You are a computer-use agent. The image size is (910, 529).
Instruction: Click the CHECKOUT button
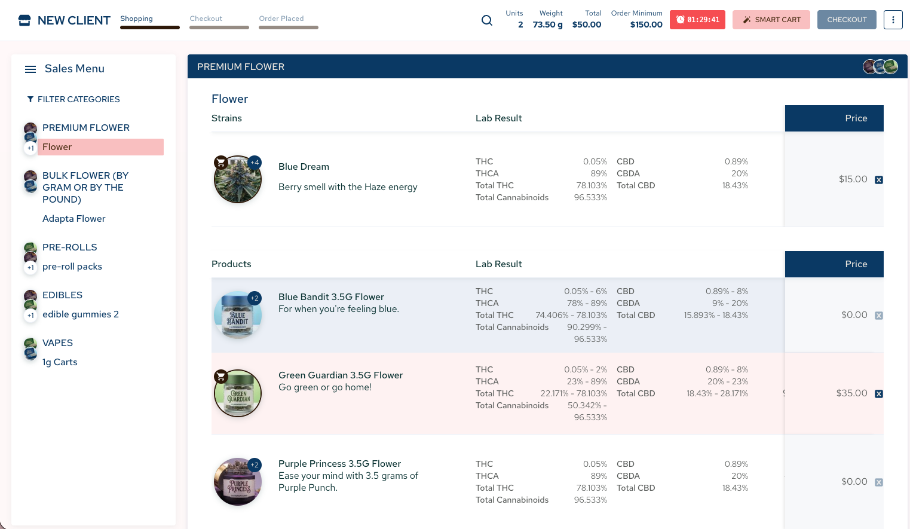(847, 20)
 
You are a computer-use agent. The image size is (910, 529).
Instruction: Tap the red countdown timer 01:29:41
(697, 20)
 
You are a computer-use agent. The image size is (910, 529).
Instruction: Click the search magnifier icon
(487, 20)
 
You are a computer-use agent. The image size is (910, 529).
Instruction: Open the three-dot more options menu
(893, 20)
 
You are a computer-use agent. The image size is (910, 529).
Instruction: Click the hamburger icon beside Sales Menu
(30, 69)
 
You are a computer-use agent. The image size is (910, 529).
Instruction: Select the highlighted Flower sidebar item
(101, 146)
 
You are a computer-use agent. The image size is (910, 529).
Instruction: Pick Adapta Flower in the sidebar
(74, 219)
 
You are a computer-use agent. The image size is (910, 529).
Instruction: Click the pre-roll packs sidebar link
(72, 267)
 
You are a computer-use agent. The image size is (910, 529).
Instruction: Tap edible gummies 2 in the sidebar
(81, 314)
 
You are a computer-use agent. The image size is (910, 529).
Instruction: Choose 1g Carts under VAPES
(60, 362)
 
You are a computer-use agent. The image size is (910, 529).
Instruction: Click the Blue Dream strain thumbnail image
(238, 179)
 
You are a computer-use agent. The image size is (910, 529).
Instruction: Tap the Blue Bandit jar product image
(238, 315)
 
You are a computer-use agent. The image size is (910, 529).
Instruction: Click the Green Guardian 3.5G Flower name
(341, 375)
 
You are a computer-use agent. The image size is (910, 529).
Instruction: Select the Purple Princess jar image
(238, 482)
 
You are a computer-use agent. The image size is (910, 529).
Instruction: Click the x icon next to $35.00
(879, 394)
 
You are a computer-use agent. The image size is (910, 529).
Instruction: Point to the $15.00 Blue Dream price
(853, 179)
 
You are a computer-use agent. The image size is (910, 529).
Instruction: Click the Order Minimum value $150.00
(646, 25)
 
